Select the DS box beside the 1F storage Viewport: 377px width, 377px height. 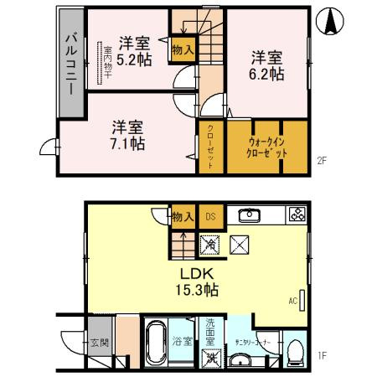[210, 216]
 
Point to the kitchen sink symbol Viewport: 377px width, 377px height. [249, 215]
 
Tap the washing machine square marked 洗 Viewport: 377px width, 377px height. [211, 357]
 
